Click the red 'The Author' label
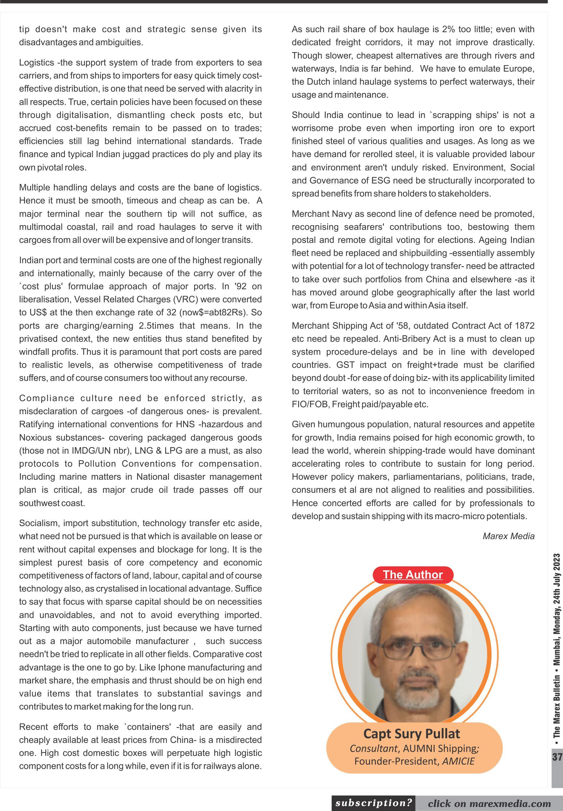click(412, 574)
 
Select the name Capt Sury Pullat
click(412, 734)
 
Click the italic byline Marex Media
click(508, 536)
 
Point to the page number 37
click(557, 757)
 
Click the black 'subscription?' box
click(373, 803)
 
